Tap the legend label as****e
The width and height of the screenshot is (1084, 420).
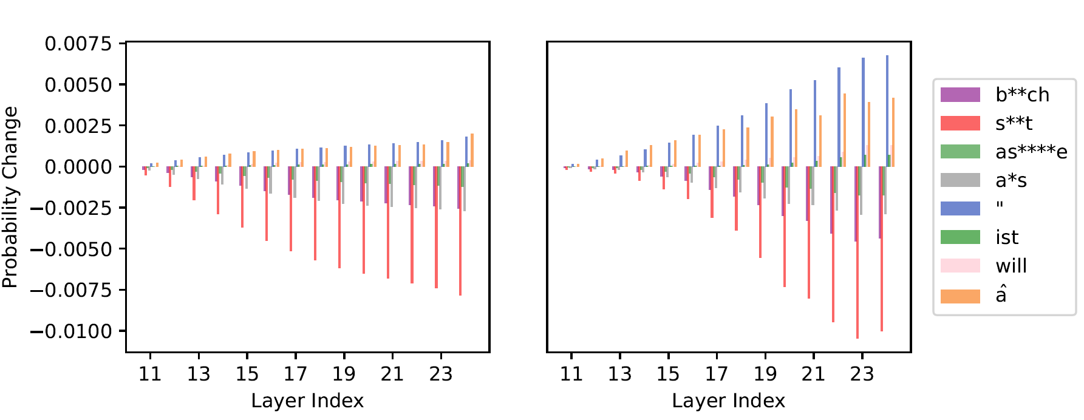[1031, 152]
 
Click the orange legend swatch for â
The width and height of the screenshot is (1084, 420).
[960, 296]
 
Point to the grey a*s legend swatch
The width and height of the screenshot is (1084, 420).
[960, 180]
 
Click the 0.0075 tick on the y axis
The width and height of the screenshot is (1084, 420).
[78, 44]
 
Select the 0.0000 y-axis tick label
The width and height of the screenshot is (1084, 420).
[78, 167]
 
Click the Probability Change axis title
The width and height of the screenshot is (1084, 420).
[10, 197]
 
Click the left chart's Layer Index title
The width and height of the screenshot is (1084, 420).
[307, 401]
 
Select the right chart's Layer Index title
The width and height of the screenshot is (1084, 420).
[728, 401]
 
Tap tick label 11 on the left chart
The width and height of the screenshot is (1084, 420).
[150, 374]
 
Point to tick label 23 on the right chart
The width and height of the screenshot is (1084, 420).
[862, 374]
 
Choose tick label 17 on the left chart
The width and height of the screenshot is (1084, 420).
[296, 374]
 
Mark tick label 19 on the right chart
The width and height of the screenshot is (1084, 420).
[765, 374]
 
